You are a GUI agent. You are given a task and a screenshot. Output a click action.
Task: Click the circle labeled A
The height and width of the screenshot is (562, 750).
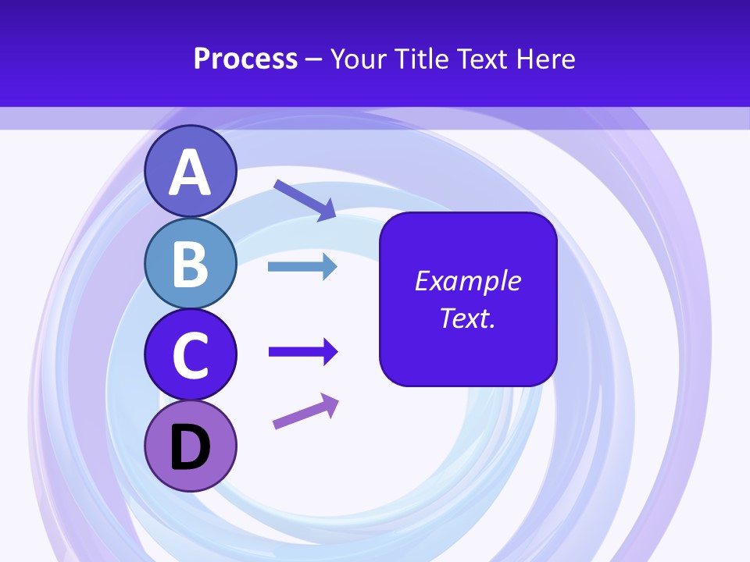(190, 171)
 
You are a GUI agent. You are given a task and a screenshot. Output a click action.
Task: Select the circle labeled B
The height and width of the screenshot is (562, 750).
(190, 263)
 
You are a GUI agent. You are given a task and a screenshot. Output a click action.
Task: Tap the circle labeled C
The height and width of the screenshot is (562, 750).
(190, 354)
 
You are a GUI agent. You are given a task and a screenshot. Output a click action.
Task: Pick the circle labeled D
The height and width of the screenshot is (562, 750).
(190, 446)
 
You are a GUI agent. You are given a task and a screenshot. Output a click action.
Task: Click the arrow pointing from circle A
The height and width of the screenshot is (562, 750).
(304, 199)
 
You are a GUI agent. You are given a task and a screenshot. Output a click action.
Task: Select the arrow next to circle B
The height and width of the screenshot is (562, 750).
(302, 267)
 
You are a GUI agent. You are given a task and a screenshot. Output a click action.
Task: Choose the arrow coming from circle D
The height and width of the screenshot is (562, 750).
(305, 411)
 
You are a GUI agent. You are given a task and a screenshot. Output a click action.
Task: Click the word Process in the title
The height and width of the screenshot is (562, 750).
(245, 59)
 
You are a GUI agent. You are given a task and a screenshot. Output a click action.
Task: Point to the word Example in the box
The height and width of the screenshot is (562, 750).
(467, 281)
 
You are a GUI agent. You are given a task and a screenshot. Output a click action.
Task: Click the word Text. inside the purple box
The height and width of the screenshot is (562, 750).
(467, 318)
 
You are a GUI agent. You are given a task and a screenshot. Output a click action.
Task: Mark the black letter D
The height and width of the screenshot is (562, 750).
(190, 448)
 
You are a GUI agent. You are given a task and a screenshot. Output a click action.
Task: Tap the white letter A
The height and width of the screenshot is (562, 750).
(190, 173)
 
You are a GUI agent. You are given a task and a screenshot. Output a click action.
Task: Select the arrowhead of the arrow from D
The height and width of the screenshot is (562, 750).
(330, 404)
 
